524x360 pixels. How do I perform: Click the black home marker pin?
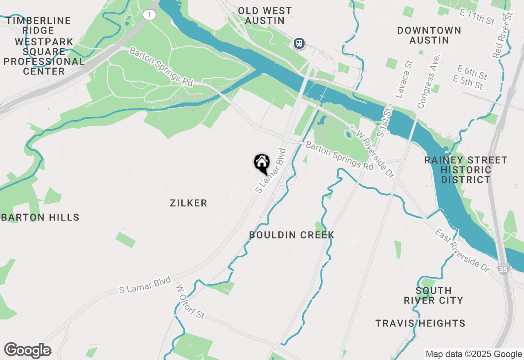click(262, 163)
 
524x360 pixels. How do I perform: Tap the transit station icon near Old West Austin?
click(299, 43)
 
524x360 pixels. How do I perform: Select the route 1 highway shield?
click(150, 15)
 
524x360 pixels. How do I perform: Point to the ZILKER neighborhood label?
click(189, 203)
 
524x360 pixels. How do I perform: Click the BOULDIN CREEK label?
click(292, 235)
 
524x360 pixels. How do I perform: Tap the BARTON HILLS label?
click(40, 217)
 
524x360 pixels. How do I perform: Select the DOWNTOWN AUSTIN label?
click(429, 35)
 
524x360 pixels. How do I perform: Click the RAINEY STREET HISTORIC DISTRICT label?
click(466, 170)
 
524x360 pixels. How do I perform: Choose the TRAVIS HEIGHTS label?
click(420, 323)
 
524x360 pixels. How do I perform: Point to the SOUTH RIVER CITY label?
click(434, 295)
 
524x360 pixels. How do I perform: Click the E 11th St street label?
click(477, 18)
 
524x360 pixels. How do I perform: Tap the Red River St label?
click(504, 35)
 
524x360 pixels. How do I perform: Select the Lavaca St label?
click(404, 80)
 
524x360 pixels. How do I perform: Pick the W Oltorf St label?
click(190, 302)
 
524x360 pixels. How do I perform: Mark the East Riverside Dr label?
click(462, 250)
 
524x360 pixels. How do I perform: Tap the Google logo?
click(27, 351)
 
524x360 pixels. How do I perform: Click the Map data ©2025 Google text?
click(474, 354)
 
